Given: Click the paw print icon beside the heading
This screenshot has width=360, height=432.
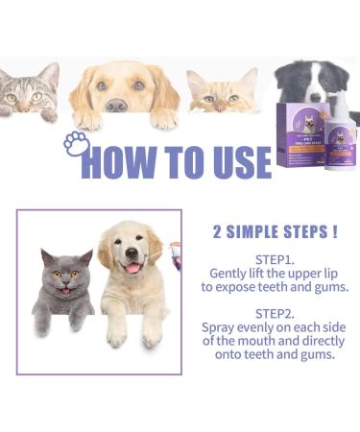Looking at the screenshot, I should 77,145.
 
